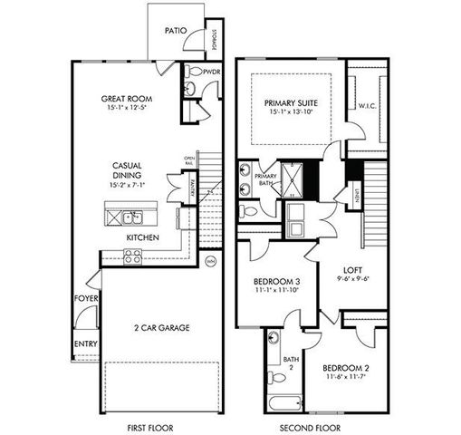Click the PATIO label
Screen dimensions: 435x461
click(176, 30)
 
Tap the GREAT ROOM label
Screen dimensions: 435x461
click(125, 100)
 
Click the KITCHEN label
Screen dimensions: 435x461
click(142, 237)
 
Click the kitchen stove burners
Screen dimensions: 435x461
click(132, 257)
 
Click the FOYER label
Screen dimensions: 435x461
click(86, 298)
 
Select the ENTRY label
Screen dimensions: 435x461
click(86, 343)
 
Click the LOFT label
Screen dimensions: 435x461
click(352, 270)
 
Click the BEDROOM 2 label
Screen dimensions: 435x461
click(346, 368)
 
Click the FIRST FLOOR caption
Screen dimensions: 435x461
click(149, 427)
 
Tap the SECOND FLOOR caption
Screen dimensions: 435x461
click(310, 427)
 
